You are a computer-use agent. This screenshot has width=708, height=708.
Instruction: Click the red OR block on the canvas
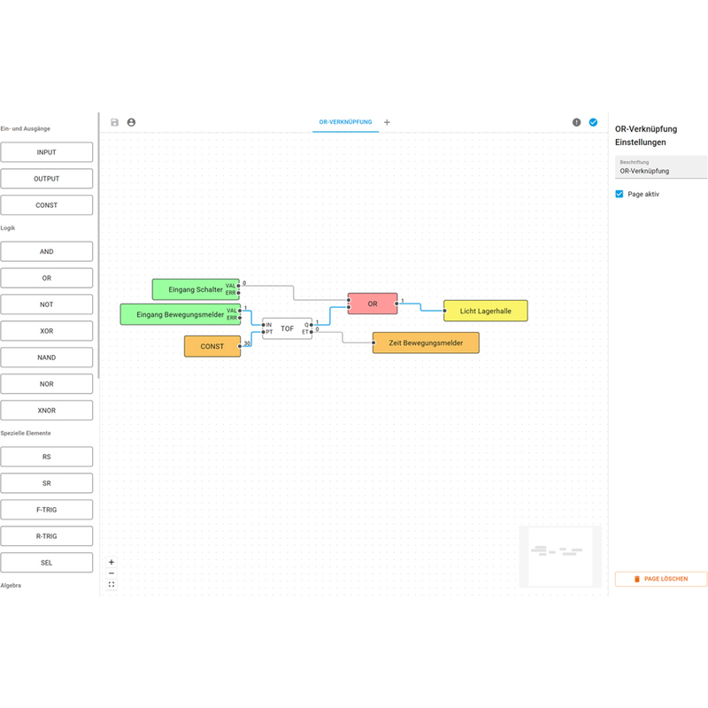pos(373,304)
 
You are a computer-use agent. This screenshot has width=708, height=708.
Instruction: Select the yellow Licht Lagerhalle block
pos(485,311)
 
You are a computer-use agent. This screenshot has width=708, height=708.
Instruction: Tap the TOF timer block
pos(287,328)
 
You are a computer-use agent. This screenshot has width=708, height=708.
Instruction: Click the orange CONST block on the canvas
pos(212,346)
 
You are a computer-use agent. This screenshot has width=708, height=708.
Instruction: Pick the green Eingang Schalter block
pos(196,289)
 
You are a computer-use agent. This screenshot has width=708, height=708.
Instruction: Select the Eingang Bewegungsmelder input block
pos(181,314)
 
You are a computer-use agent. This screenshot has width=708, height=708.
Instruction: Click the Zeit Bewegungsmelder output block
pos(426,342)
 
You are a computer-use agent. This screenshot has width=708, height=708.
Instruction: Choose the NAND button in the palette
pos(47,358)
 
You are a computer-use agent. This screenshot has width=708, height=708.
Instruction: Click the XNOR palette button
pos(47,411)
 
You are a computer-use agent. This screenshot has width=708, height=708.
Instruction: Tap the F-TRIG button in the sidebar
pos(47,510)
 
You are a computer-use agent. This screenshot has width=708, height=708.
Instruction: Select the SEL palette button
pos(47,563)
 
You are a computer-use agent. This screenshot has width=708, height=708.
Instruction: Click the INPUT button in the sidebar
pos(47,152)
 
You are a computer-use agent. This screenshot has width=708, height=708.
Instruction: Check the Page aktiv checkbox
pos(619,194)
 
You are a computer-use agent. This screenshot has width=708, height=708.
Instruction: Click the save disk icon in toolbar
pos(115,122)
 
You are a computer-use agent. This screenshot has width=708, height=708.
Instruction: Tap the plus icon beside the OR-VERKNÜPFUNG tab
pos(387,122)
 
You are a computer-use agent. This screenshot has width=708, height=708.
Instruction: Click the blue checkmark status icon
pos(593,122)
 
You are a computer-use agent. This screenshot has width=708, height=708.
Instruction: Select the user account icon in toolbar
pos(131,122)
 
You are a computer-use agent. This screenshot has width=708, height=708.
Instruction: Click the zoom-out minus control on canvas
pos(112,573)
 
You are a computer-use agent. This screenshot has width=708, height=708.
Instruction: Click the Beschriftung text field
pos(661,167)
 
